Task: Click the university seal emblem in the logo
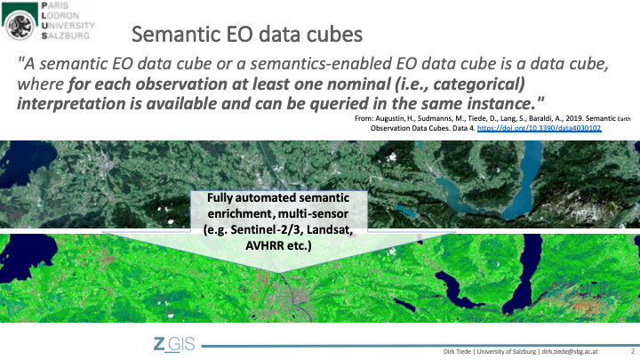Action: coord(20,25)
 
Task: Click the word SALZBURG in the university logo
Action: coord(65,36)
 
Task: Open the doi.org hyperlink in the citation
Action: coord(539,128)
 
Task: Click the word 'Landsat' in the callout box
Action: coord(330,230)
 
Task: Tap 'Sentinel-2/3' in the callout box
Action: coord(267,230)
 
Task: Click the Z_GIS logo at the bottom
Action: coord(174,344)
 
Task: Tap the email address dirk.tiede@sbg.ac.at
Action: coord(570,351)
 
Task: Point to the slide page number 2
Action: coord(633,351)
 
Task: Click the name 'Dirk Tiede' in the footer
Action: coord(457,351)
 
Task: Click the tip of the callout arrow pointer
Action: coord(279,273)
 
